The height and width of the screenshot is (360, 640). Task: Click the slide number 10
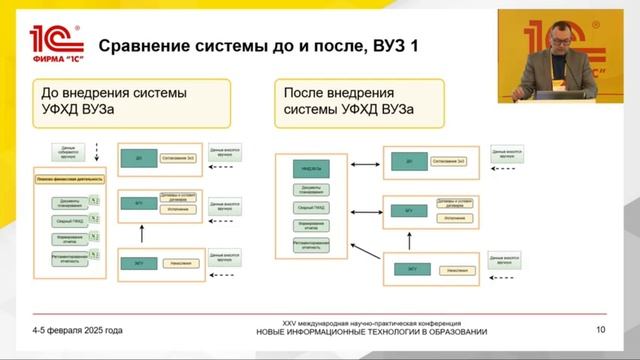coord(600,330)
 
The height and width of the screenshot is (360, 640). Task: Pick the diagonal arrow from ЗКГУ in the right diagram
coord(366,252)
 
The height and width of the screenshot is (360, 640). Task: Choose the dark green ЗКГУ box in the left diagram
coord(139,263)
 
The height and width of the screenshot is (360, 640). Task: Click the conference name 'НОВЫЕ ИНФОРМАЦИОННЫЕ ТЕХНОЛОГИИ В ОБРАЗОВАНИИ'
coord(372,332)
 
